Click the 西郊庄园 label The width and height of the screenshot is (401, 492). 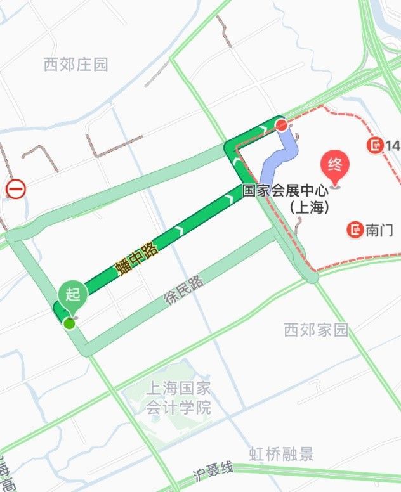(76, 64)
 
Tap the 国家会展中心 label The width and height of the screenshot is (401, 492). (286, 190)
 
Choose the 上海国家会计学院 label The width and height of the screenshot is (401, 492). (178, 398)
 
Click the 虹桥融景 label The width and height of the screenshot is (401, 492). (281, 454)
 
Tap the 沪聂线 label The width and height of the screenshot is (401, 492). (214, 471)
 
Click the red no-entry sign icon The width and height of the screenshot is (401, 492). (15, 189)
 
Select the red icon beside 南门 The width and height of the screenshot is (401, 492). (355, 230)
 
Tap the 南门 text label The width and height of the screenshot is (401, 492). (379, 230)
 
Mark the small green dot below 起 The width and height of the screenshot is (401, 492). (69, 323)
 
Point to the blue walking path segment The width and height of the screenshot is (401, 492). (279, 156)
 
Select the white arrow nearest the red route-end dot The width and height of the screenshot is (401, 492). (262, 130)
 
